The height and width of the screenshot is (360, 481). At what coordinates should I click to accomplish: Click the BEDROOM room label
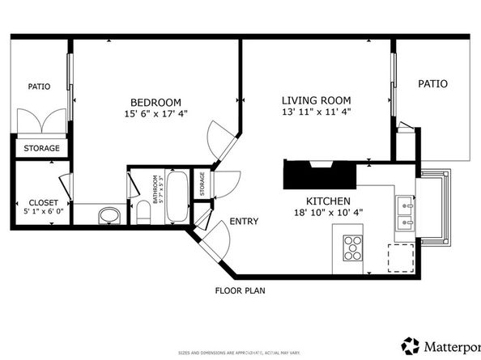click(x=155, y=101)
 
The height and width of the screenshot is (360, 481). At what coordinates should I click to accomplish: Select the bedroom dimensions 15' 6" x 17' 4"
click(x=155, y=113)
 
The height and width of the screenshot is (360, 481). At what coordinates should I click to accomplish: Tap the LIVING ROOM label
click(x=316, y=100)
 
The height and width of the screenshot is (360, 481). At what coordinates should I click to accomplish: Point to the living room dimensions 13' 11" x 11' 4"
click(x=316, y=112)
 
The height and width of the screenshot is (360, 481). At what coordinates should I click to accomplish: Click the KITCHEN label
click(x=327, y=201)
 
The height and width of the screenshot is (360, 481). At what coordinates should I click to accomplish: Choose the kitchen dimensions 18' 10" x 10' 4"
click(x=327, y=213)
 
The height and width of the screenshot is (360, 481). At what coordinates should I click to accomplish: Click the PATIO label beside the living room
click(x=432, y=83)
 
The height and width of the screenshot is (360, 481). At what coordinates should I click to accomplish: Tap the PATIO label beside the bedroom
click(x=39, y=86)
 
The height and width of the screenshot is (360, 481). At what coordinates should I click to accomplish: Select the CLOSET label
click(x=42, y=202)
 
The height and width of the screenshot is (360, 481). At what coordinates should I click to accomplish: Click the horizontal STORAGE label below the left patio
click(x=40, y=149)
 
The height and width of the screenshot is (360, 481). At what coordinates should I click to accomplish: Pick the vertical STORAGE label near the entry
click(x=202, y=185)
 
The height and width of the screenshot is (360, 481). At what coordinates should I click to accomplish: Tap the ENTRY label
click(x=244, y=222)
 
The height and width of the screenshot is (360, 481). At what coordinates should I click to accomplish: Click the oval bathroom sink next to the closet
click(x=108, y=215)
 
